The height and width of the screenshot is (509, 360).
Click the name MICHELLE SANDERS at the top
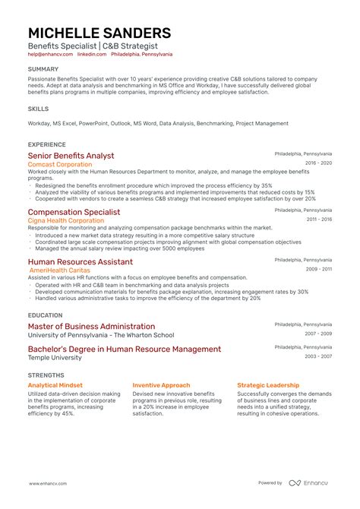pos(99,33)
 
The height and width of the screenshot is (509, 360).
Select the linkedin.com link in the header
pos(91,55)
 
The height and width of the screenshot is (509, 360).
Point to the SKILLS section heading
pos(38,109)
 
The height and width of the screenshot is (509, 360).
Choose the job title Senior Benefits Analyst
pos(71,156)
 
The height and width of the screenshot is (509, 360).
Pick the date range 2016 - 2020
pos(318,163)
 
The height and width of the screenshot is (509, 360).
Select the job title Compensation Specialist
pos(74,212)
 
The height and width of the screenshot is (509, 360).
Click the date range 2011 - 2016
pos(318,220)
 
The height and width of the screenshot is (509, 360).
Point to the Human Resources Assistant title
pos(80,261)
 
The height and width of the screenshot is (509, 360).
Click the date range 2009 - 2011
pos(318,269)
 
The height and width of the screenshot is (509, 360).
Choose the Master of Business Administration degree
pos(91,326)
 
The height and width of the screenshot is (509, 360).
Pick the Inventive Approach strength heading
pos(161,385)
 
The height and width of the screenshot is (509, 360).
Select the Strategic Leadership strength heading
pos(268,385)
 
